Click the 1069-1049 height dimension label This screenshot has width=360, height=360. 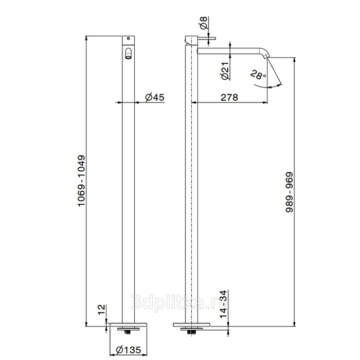pos(81,181)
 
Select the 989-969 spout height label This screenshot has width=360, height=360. pos(290,192)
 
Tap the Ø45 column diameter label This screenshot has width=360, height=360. pos(155,97)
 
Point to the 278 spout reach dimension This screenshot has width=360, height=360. pos(229,97)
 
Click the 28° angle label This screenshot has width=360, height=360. pos(258,75)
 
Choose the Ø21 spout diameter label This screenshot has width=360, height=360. pos(226,71)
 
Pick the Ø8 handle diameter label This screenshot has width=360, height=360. pos(204,23)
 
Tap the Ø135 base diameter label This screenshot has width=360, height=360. pos(129,350)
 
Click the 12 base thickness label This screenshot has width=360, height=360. pos(101,310)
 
